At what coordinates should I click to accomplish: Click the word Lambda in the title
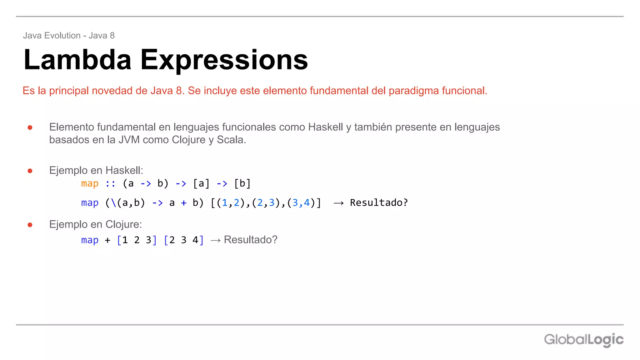click(x=77, y=60)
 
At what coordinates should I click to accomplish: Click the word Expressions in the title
click(x=224, y=60)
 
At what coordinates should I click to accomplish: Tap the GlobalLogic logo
click(x=583, y=340)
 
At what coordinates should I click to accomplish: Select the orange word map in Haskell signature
click(x=90, y=183)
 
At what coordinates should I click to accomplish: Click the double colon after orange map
click(x=110, y=183)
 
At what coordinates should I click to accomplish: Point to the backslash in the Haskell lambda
click(x=114, y=203)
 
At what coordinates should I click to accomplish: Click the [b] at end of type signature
click(x=242, y=183)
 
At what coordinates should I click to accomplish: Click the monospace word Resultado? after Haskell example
click(x=379, y=203)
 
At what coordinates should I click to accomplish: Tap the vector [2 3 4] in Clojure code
click(x=184, y=240)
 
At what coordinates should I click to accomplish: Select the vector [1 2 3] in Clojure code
click(x=137, y=240)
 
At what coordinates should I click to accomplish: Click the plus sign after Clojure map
click(x=107, y=240)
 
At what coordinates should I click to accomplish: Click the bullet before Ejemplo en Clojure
click(x=30, y=225)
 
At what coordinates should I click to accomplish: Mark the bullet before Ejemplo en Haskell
click(x=30, y=171)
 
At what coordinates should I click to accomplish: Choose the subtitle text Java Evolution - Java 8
click(x=69, y=36)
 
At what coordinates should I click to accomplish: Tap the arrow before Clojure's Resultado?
click(x=215, y=240)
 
